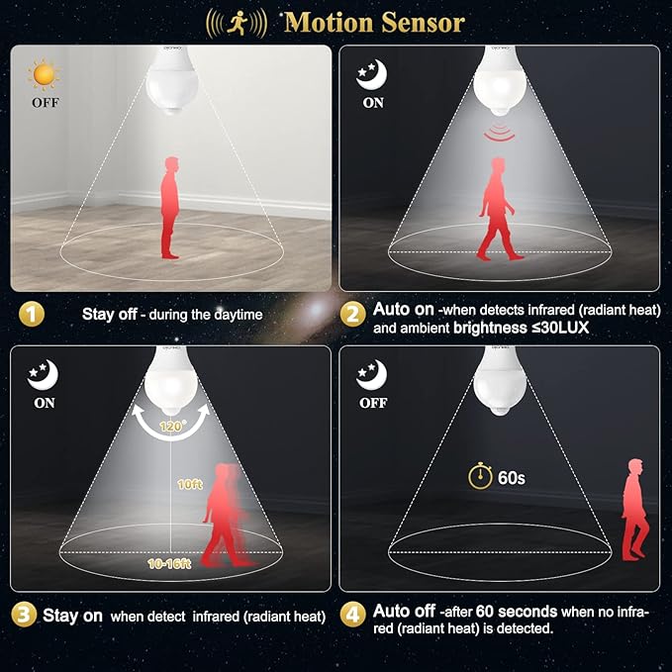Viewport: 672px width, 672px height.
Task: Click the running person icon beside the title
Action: (x=237, y=23)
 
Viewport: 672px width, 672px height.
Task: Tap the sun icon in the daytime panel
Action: (x=44, y=75)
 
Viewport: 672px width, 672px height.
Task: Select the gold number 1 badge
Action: (x=32, y=315)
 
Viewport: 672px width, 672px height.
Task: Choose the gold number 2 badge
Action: (x=352, y=315)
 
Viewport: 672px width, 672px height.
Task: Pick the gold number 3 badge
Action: (x=24, y=615)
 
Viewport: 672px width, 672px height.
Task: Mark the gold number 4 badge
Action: (x=352, y=615)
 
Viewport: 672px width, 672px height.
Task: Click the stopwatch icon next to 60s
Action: (x=480, y=476)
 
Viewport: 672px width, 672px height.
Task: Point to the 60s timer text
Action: (x=512, y=477)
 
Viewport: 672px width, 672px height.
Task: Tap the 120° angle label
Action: (x=173, y=426)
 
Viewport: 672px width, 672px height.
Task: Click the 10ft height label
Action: (x=190, y=484)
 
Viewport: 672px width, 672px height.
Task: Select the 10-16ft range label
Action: (x=169, y=564)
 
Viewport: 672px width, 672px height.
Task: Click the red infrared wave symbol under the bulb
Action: (x=499, y=132)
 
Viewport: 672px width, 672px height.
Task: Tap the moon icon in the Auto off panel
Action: (x=371, y=374)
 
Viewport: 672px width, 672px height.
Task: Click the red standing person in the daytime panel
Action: (x=170, y=208)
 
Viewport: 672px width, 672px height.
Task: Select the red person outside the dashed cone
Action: (x=634, y=510)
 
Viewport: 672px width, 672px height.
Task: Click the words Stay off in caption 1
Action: (x=109, y=314)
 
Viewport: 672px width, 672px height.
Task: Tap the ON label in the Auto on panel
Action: (x=373, y=103)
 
